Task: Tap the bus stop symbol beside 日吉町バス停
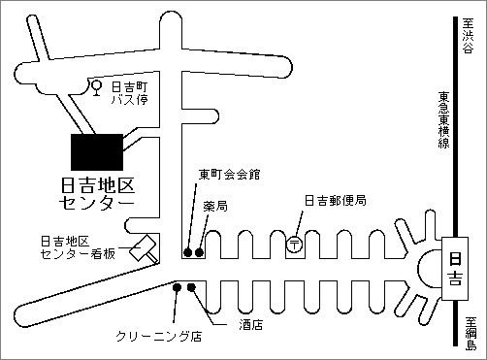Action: [96, 88]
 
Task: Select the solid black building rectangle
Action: [97, 150]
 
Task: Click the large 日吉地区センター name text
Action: [98, 193]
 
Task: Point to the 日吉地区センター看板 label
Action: [78, 246]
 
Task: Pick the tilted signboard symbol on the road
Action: [146, 247]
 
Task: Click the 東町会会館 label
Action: [230, 175]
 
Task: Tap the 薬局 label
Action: [215, 207]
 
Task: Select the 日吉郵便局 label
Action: [335, 201]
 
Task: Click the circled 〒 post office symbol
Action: [294, 245]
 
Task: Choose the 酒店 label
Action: [251, 325]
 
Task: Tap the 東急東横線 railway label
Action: [442, 120]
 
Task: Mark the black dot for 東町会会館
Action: [188, 253]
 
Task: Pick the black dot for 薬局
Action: [200, 253]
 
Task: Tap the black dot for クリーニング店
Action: [177, 287]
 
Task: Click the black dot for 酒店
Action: [191, 287]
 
